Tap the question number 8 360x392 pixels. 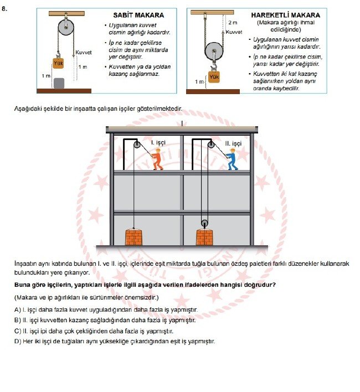pyautogui.click(x=5, y=9)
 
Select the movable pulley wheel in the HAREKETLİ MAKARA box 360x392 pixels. pyautogui.click(x=214, y=52)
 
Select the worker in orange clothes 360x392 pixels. pyautogui.click(x=157, y=159)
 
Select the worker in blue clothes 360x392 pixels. pyautogui.click(x=233, y=158)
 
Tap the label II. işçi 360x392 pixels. pyautogui.click(x=233, y=143)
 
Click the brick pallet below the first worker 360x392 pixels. pyautogui.click(x=134, y=237)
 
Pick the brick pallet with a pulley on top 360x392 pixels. pyautogui.click(x=204, y=238)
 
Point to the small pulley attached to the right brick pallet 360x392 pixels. pyautogui.click(x=204, y=224)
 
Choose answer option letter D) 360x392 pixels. pyautogui.click(x=18, y=341)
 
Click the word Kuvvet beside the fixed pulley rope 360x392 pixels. pyautogui.click(x=83, y=53)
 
